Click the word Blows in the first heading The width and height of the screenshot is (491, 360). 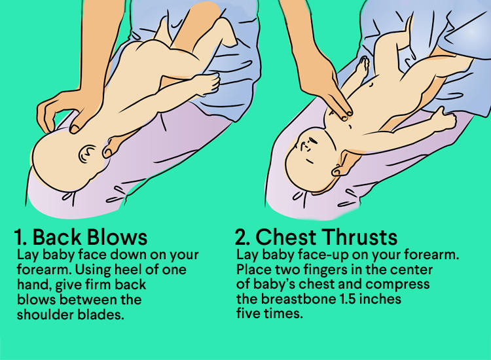[117, 237]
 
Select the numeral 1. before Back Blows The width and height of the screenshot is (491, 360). [21, 238]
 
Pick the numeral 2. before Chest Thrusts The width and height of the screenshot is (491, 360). [243, 237]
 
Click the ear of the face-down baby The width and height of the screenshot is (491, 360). [87, 154]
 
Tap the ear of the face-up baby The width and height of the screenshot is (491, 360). [338, 170]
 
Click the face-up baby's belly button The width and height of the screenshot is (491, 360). [372, 84]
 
